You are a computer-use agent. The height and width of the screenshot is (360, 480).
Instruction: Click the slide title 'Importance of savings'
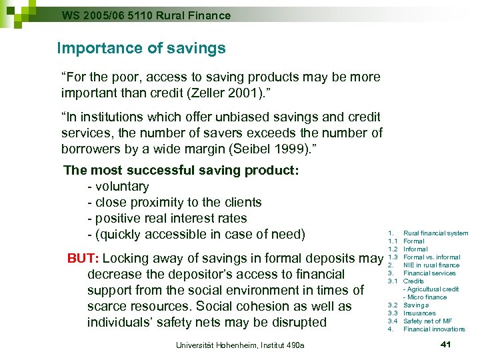[x=141, y=48]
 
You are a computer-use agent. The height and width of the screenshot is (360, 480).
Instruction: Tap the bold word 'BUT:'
[x=83, y=258]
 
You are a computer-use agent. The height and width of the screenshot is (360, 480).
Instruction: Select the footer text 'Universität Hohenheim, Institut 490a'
[x=240, y=345]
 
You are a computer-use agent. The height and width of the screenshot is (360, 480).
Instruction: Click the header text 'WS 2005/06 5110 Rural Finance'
[x=146, y=15]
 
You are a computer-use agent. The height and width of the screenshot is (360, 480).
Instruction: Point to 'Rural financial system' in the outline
[x=436, y=233]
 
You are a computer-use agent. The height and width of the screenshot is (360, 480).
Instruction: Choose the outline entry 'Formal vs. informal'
[x=432, y=257]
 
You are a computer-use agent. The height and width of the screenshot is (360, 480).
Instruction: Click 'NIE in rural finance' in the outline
[x=431, y=265]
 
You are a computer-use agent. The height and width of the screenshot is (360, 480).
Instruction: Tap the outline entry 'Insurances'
[x=419, y=313]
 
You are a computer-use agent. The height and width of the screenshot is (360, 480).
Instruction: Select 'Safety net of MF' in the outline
[x=427, y=321]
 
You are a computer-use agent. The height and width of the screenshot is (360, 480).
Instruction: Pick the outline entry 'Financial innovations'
[x=434, y=329]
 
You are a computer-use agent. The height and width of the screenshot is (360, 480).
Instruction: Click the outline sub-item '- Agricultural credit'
[x=431, y=289]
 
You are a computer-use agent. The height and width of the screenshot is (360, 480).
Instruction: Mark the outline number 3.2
[x=393, y=305]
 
